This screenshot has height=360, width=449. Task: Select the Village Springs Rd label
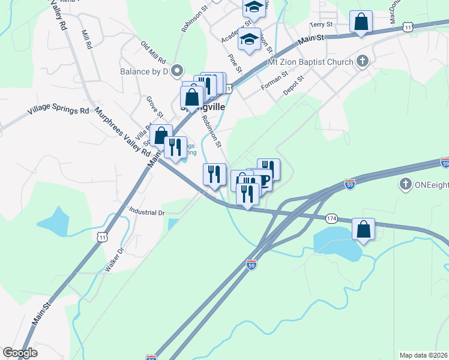point(58,111)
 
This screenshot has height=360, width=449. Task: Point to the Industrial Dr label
point(147,212)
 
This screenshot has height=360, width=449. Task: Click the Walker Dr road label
point(114,260)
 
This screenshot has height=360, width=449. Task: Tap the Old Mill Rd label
point(153,53)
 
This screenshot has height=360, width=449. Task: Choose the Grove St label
point(155,106)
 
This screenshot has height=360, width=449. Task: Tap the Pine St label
point(235,62)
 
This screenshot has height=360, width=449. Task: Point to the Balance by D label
point(143,72)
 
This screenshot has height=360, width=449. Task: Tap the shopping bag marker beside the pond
point(363,229)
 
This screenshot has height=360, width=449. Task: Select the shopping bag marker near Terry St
point(361,22)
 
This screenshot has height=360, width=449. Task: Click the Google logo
point(20,353)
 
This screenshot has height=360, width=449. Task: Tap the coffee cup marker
point(262,180)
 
